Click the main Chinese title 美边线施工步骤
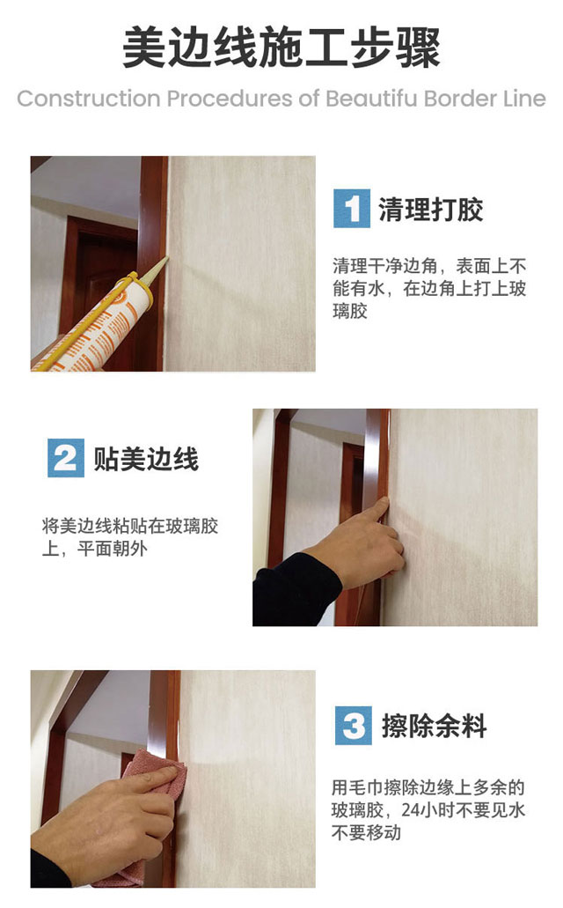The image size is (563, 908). point(281,48)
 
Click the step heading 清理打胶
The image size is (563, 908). point(430,210)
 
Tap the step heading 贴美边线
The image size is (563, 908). point(146,460)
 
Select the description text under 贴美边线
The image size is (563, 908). point(130,539)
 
